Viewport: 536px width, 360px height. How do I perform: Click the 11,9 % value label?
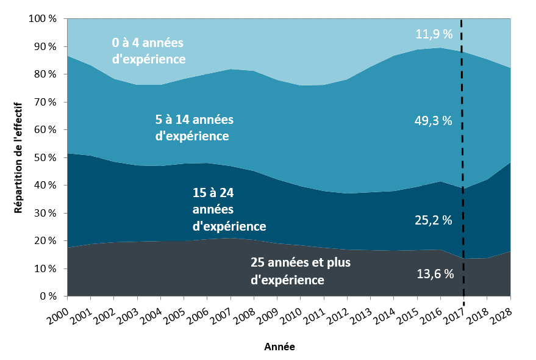pos(434,34)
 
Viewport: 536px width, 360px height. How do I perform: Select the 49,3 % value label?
pos(434,121)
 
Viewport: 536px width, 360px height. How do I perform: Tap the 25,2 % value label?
pos(434,220)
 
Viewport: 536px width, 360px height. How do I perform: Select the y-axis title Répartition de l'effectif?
pos(18,157)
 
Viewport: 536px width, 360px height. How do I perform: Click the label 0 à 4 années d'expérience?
pos(148,51)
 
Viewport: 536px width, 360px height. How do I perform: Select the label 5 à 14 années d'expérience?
pos(194,128)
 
